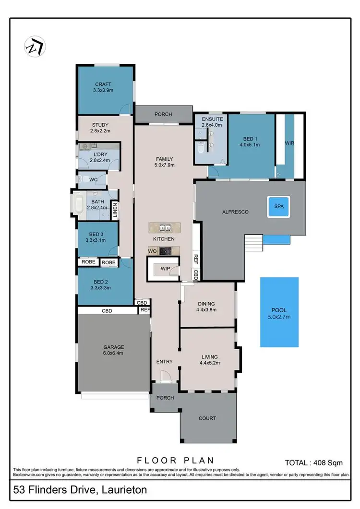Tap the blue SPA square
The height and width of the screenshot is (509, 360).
point(279,206)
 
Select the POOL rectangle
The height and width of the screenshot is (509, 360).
point(279,312)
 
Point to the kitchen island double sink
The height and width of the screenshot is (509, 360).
point(164,227)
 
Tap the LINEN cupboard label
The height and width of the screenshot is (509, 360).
point(115,210)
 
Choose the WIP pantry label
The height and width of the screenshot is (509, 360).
point(165,268)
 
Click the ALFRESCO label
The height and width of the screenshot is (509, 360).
point(235,212)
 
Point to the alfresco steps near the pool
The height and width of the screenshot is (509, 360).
point(254,242)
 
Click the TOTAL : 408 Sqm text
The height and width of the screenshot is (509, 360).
point(314,463)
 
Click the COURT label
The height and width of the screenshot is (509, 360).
point(207,418)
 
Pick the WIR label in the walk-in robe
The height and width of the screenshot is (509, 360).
point(289,143)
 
